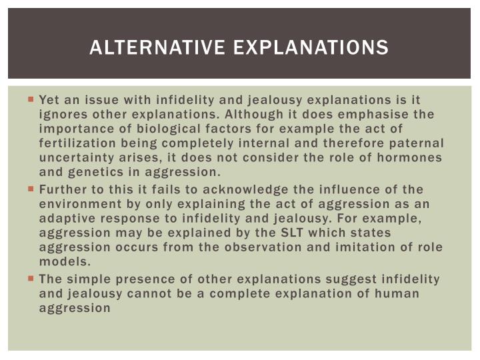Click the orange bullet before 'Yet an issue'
(31, 99)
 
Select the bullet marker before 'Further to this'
(31, 189)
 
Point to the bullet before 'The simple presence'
(31, 279)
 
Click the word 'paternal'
(417, 143)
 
